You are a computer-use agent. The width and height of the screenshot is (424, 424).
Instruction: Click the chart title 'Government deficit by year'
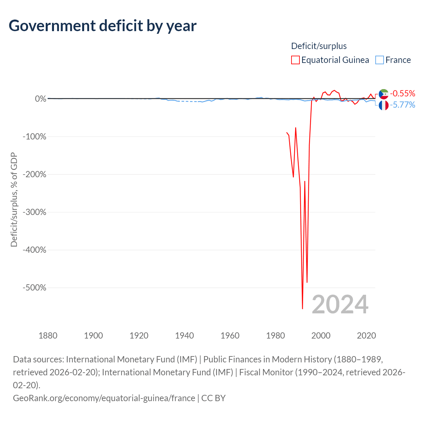point(102,26)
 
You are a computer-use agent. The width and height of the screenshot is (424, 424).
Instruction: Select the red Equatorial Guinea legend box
point(295,60)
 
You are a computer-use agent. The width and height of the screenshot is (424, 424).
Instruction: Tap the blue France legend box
point(380,60)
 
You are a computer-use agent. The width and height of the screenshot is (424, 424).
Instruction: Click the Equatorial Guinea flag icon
point(384,94)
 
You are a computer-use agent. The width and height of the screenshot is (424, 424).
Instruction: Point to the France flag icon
point(384,105)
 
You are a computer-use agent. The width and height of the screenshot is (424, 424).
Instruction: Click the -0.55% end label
point(402,93)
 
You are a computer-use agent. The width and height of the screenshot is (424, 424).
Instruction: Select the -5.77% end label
point(402,105)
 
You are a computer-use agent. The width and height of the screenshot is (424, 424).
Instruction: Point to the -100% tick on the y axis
point(34,136)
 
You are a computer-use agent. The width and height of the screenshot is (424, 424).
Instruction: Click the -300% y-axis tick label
point(34,212)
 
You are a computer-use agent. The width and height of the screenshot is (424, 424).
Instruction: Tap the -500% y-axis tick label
point(34,288)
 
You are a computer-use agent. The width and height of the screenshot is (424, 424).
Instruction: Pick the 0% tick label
point(41,99)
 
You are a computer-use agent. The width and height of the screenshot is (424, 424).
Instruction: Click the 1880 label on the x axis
point(48,336)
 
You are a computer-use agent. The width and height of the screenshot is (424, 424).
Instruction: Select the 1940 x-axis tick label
point(185,336)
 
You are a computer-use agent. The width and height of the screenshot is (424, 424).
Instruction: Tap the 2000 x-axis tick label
point(321,336)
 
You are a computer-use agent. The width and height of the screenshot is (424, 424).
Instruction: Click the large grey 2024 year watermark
point(340,304)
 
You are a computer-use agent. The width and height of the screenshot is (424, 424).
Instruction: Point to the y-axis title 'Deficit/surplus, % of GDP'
point(14,199)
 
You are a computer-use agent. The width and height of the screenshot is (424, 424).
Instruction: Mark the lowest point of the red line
point(302,309)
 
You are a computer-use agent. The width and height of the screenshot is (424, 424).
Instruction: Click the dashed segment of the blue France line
point(189,101)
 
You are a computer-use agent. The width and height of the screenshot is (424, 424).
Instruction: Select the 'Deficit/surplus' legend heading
point(319,46)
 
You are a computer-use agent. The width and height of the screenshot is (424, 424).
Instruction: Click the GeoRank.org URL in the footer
point(104,398)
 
